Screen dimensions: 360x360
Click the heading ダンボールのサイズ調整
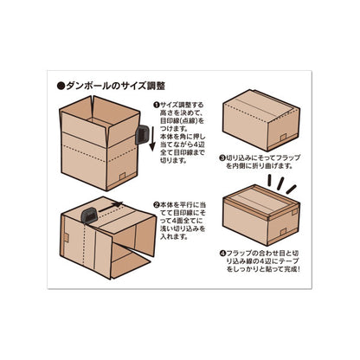116,86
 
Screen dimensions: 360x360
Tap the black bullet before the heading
61,87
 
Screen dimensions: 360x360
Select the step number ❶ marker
157,105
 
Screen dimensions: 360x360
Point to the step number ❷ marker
157,205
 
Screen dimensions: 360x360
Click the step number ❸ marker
222,157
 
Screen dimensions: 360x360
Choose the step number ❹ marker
222,254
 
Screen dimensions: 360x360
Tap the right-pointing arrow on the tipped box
111,207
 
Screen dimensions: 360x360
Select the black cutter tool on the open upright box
142,135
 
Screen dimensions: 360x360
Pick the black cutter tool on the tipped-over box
89,215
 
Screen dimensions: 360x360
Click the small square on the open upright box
122,176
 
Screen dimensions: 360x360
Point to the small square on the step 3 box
283,137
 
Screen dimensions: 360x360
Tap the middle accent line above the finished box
280,183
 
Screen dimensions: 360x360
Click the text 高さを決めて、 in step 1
181,112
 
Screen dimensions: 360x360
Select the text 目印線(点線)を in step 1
182,120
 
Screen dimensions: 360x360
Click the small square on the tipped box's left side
66,238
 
